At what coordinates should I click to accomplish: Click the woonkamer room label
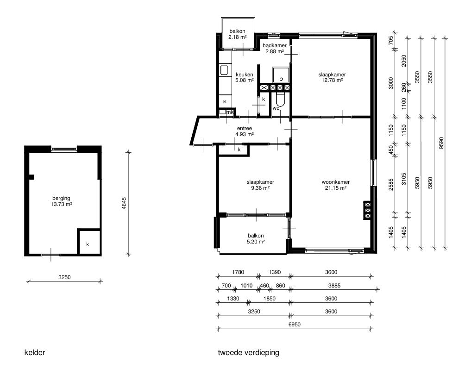335,185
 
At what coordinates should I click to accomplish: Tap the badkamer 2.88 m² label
275,48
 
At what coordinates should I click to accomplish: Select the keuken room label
244,77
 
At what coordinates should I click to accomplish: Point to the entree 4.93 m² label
245,131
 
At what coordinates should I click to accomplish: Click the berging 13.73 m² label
61,201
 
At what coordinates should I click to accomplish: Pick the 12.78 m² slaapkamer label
332,77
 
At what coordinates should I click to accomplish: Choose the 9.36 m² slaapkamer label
260,185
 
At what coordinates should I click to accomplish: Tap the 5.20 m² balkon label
256,239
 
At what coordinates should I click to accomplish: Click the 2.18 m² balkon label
237,34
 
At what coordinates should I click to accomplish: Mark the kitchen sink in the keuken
225,70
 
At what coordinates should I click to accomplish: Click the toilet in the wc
280,99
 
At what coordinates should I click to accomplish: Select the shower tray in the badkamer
281,75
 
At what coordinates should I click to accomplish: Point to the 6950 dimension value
295,324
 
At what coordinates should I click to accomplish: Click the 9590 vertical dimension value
441,143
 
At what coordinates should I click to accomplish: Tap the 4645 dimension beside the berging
125,203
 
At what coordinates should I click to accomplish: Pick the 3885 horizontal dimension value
334,286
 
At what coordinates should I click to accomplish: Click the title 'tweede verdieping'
248,352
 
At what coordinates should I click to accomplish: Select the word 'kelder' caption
35,352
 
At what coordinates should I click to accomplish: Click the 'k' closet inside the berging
88,242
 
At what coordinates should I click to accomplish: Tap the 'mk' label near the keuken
230,112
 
